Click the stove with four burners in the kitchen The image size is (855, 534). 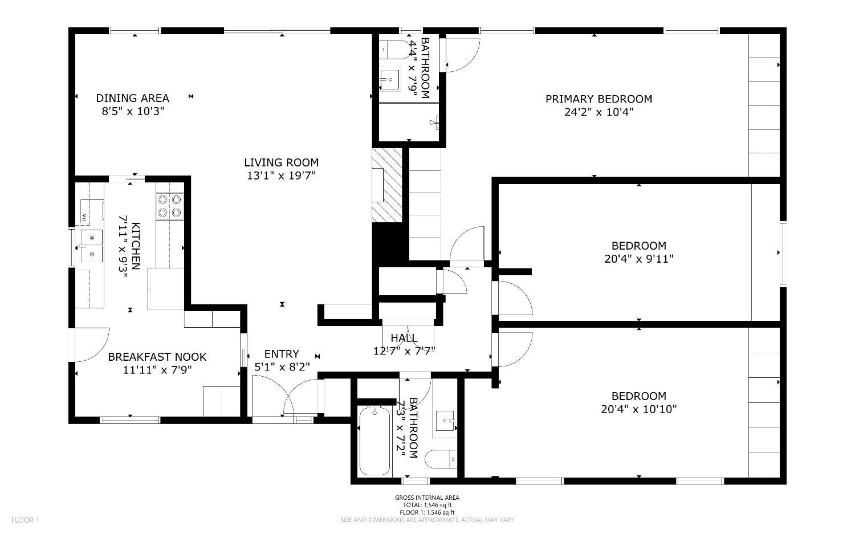coord(170,206)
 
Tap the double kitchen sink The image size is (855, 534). coord(91,245)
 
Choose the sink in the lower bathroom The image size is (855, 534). coord(446,422)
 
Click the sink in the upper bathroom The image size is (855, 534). coord(390,79)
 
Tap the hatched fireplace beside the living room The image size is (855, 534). coord(386,186)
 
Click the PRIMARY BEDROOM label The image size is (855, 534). coord(598,99)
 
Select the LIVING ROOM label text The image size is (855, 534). coord(281,163)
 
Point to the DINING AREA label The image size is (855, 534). coord(132,99)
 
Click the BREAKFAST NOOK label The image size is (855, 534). coord(157,357)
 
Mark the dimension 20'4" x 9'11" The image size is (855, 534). coord(638,259)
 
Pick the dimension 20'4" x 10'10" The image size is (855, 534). coord(638,409)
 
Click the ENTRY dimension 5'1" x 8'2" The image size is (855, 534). coord(282,367)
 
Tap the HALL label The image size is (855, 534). coord(404,339)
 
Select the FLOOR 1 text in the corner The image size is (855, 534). coord(25,520)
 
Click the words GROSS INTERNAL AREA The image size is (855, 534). coord(427,498)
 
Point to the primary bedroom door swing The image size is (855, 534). coord(462,56)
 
